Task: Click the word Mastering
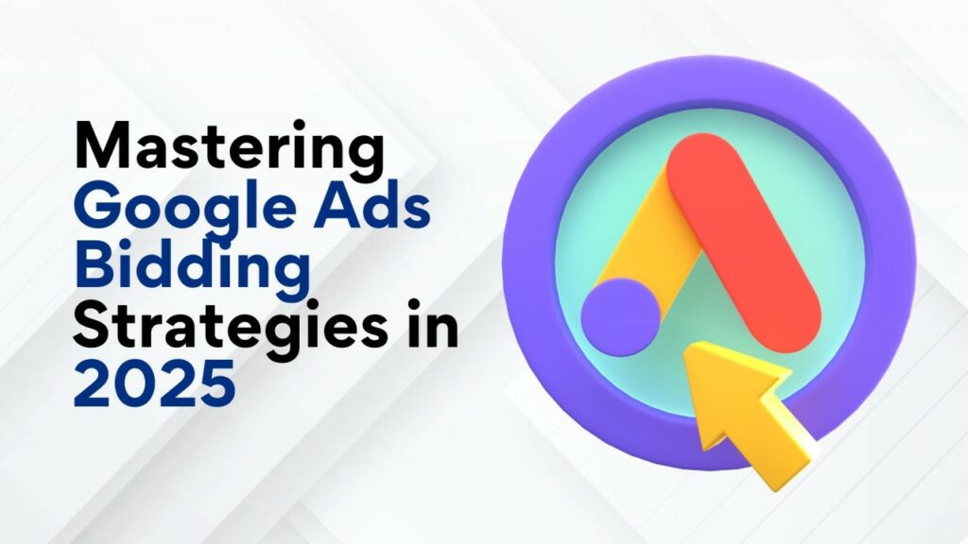(229, 147)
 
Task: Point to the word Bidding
(192, 267)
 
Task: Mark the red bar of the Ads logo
(744, 243)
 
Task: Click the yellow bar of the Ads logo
(643, 246)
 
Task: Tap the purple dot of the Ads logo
(621, 317)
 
